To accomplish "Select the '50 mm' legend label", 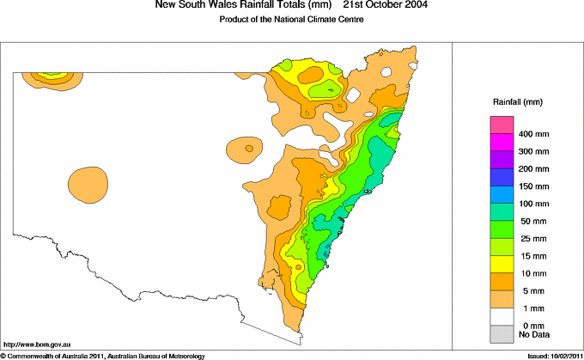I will pyautogui.click(x=531, y=221).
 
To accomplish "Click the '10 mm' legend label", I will pyautogui.click(x=531, y=272).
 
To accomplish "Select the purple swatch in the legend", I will pyautogui.click(x=501, y=160).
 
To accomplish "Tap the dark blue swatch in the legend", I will pyautogui.click(x=501, y=177).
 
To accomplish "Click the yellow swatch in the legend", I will pyautogui.click(x=501, y=263).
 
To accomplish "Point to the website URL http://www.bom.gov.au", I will pyautogui.click(x=37, y=343).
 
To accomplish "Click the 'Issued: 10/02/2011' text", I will pyautogui.click(x=550, y=355).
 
